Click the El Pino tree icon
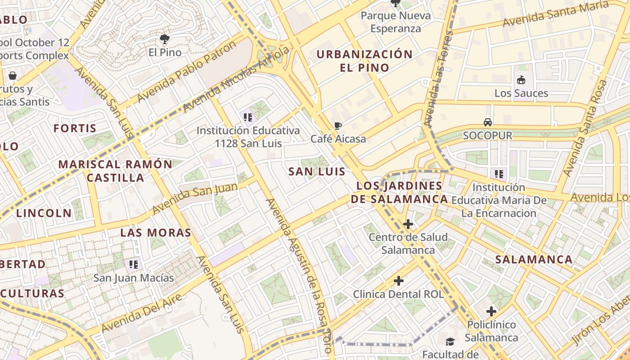point(165,39)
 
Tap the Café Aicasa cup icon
point(338,126)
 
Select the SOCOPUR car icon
point(488,122)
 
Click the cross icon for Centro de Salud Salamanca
point(408,224)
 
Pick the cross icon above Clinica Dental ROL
point(398,281)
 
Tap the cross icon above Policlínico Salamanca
point(491,311)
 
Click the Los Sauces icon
point(521,80)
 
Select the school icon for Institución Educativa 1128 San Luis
point(247,117)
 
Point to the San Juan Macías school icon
point(133,264)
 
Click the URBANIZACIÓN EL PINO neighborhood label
point(364,61)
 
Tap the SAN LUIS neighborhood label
point(317,171)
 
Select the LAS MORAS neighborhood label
point(156,233)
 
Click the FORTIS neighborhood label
point(75,128)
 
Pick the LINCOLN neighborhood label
point(44,213)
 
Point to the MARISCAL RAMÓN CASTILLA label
point(115,171)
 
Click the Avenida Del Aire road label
point(142,313)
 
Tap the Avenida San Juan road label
point(195,198)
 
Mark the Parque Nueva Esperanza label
point(396,22)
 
